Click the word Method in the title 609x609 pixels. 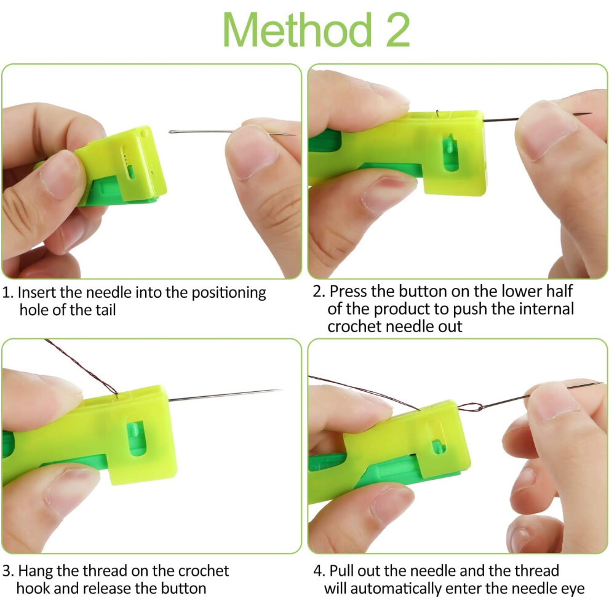pyautogui.click(x=297, y=30)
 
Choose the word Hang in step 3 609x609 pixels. pyautogui.click(x=36, y=571)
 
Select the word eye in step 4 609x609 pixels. pyautogui.click(x=573, y=589)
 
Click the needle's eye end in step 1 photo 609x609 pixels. pyautogui.click(x=171, y=132)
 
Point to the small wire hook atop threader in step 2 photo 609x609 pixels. pyautogui.click(x=438, y=113)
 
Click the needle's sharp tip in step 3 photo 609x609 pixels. pyautogui.click(x=281, y=390)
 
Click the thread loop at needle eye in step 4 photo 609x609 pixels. pyautogui.click(x=470, y=407)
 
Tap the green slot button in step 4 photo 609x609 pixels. pyautogui.click(x=438, y=447)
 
